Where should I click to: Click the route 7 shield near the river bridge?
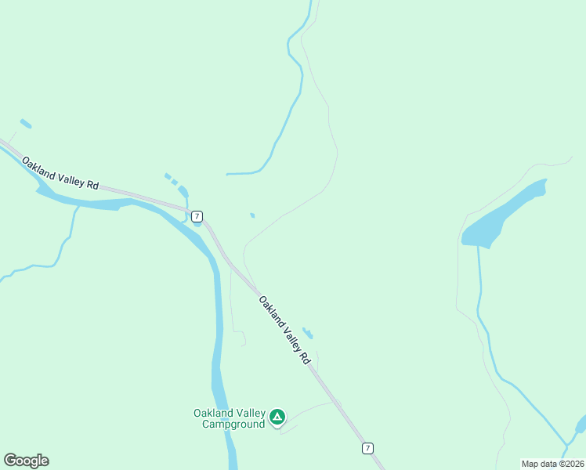click(x=197, y=215)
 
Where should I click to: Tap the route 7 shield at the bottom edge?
click(x=367, y=448)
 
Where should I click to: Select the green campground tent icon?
click(x=277, y=417)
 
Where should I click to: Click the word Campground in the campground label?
click(x=233, y=425)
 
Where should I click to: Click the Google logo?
click(x=26, y=461)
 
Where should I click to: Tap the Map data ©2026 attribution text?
click(x=552, y=464)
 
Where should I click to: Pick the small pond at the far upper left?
click(x=26, y=123)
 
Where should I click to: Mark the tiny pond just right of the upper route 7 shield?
click(x=251, y=215)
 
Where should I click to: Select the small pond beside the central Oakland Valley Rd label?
click(x=308, y=333)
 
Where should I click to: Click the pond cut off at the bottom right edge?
click(x=581, y=425)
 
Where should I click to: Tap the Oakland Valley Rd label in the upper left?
click(x=60, y=174)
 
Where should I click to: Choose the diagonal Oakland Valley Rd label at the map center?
click(x=284, y=329)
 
